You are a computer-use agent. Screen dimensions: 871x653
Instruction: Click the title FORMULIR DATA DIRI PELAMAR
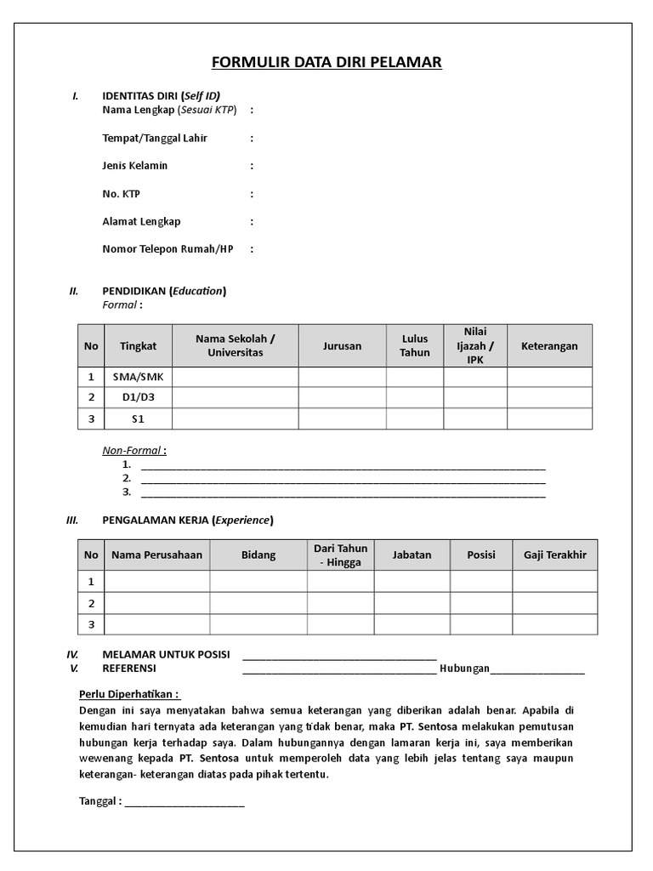coord(326,63)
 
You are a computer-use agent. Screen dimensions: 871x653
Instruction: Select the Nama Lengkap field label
coord(169,110)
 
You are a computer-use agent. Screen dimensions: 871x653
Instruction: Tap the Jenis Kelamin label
coord(134,166)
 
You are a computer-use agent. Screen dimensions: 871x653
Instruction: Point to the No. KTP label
coord(121,194)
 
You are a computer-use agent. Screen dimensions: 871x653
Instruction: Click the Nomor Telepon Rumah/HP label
coord(168,249)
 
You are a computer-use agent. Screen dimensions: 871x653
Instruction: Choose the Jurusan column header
coord(342,346)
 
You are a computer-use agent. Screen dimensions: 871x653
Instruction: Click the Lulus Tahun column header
coord(415,346)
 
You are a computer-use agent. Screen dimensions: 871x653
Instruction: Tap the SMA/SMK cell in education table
coord(137,377)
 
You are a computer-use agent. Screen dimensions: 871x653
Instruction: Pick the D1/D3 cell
coord(137,397)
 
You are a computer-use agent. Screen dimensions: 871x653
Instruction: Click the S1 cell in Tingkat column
coord(137,418)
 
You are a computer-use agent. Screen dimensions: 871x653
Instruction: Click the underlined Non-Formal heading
coord(133,451)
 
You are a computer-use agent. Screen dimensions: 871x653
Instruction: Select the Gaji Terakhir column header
coord(554,555)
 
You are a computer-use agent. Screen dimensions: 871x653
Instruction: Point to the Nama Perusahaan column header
coord(156,555)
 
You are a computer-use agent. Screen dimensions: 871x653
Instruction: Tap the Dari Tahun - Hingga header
coord(340,555)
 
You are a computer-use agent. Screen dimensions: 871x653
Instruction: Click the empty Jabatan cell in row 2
coord(412,603)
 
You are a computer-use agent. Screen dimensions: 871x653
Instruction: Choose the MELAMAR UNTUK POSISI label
coord(166,655)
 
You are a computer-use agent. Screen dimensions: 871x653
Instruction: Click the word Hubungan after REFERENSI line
coord(464,669)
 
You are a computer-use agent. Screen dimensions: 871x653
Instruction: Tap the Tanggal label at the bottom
coord(100,801)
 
